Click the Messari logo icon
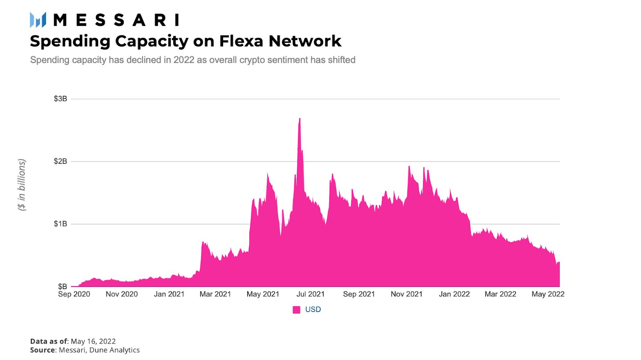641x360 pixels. click(x=38, y=20)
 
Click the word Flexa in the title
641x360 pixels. click(x=241, y=41)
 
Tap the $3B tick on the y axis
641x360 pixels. click(x=60, y=99)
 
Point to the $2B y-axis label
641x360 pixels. click(x=60, y=161)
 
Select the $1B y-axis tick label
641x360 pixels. click(x=60, y=224)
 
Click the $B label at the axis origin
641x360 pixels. click(x=62, y=286)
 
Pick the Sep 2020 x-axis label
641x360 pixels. click(x=74, y=294)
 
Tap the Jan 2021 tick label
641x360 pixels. click(x=169, y=294)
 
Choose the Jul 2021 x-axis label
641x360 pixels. click(x=310, y=294)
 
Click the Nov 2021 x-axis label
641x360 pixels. click(x=407, y=294)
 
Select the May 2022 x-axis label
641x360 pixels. click(x=548, y=294)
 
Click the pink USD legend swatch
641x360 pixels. click(x=296, y=310)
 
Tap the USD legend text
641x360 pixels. click(x=313, y=310)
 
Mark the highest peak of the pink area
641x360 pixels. click(x=300, y=119)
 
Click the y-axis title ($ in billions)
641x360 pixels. click(x=22, y=185)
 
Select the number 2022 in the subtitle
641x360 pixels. click(x=184, y=60)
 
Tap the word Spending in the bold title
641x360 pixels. click(x=69, y=41)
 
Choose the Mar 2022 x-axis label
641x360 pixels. click(x=500, y=294)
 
